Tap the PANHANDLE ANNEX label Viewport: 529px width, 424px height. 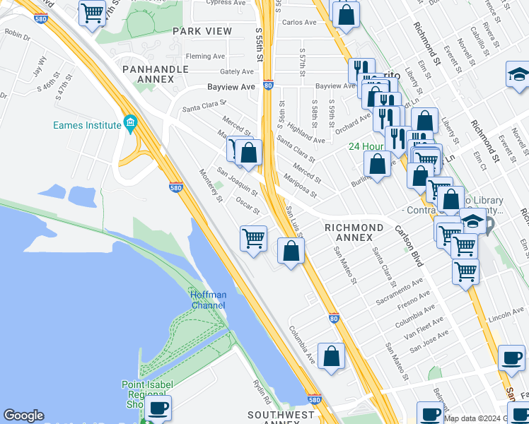(x=156, y=74)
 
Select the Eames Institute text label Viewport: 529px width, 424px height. (x=87, y=125)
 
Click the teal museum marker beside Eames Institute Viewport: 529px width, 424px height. (x=130, y=125)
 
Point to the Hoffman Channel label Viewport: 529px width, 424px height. (x=207, y=300)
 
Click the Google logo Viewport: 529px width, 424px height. (x=23, y=416)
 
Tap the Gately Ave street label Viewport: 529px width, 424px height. (x=236, y=71)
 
